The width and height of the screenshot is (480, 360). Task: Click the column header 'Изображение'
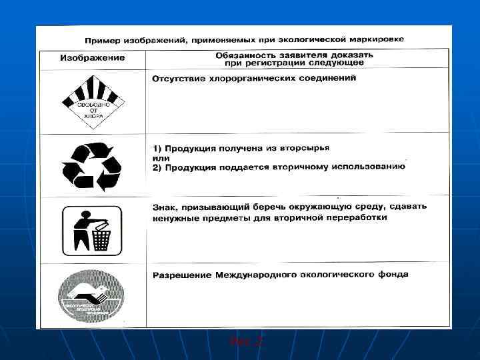pos(92,58)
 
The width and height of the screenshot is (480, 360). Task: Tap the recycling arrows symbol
pos(91,165)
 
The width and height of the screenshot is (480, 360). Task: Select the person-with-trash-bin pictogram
pos(91,230)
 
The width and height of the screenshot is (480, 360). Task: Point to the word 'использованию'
pos(372,167)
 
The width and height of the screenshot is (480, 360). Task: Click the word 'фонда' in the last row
pos(393,274)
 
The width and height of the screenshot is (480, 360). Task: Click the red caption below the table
pos(246,341)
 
